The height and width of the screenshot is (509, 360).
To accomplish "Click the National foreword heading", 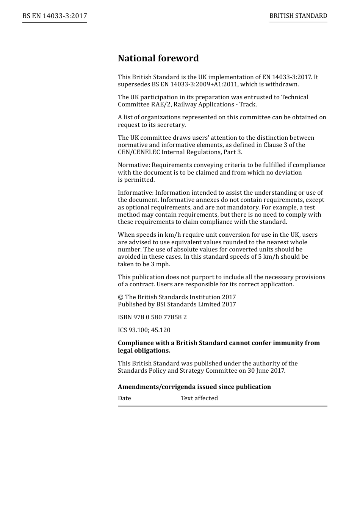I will point(158,58).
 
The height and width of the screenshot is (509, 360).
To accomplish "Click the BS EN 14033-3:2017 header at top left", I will point(55,16).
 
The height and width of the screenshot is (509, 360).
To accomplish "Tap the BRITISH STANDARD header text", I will point(298,16).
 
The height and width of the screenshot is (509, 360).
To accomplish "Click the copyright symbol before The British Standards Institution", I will point(121,297).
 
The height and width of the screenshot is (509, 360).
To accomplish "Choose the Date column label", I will point(124,398).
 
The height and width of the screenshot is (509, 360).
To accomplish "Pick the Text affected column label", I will point(199,398).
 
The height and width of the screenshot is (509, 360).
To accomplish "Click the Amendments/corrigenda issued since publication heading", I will point(194,387).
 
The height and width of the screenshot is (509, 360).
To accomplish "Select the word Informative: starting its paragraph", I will point(136,193).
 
